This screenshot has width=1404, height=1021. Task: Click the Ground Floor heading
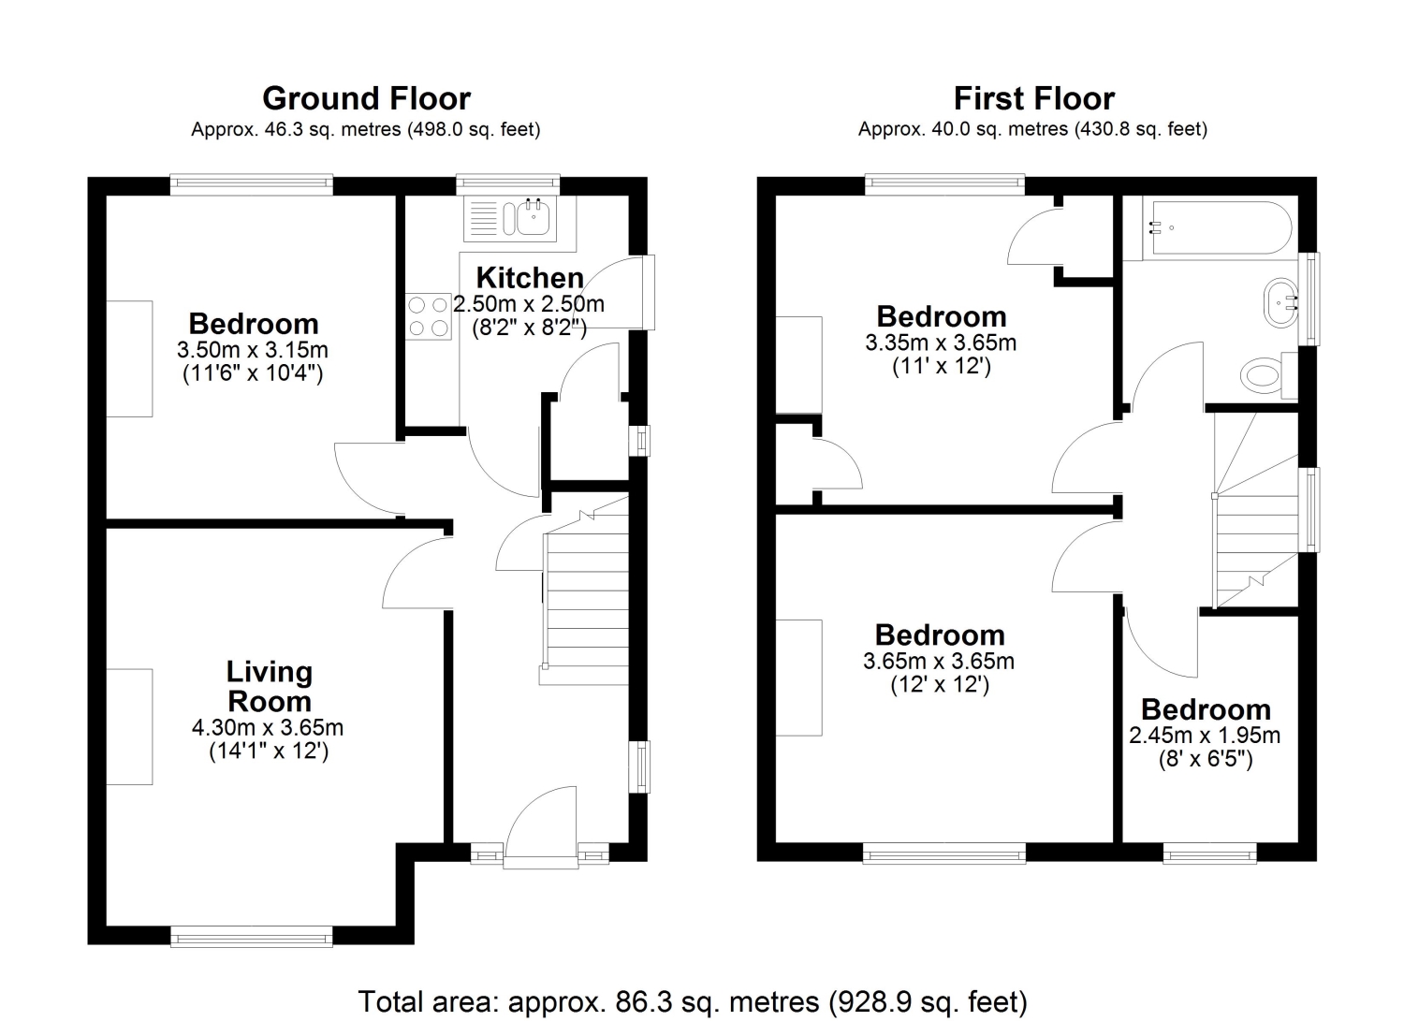point(366,98)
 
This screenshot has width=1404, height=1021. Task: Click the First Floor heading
point(1034,98)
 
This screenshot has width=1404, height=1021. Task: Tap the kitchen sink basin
point(534,217)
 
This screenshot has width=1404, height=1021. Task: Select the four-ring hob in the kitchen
point(428,316)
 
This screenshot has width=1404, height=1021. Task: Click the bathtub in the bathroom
point(1216,227)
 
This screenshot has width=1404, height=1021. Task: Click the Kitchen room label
point(530,278)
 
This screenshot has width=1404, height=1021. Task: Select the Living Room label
point(270,686)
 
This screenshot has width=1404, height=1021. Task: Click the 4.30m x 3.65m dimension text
point(268,728)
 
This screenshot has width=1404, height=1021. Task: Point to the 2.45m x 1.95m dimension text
point(1205,736)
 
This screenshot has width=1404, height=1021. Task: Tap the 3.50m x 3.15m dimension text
point(253,349)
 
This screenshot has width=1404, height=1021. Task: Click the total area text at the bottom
point(693,1001)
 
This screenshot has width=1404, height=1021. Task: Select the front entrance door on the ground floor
point(540,827)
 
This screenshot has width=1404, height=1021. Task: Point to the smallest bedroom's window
point(1209,853)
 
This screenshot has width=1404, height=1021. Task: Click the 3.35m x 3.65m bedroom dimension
point(941,343)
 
